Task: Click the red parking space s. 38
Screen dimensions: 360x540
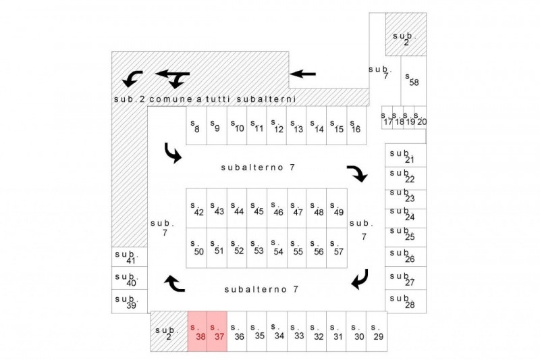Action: pyautogui.click(x=197, y=331)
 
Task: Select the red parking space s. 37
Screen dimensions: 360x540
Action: pyautogui.click(x=217, y=331)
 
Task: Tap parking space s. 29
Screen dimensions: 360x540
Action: pyautogui.click(x=377, y=331)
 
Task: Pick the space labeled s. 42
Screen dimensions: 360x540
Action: pyautogui.click(x=196, y=208)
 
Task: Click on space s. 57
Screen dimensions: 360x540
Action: pyautogui.click(x=337, y=248)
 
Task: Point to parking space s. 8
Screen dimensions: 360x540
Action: pyautogui.click(x=196, y=125)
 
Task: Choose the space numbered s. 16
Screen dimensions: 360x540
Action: pyautogui.click(x=356, y=125)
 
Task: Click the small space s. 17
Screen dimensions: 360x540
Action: pyautogui.click(x=387, y=120)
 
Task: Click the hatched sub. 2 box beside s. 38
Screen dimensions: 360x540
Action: pyautogui.click(x=168, y=331)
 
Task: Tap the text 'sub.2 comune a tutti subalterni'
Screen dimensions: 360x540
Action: pyautogui.click(x=205, y=99)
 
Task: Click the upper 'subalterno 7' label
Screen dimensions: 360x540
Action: pyautogui.click(x=260, y=167)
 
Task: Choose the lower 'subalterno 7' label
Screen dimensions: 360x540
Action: pyautogui.click(x=261, y=289)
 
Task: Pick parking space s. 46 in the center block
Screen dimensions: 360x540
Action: pyautogui.click(x=277, y=208)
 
